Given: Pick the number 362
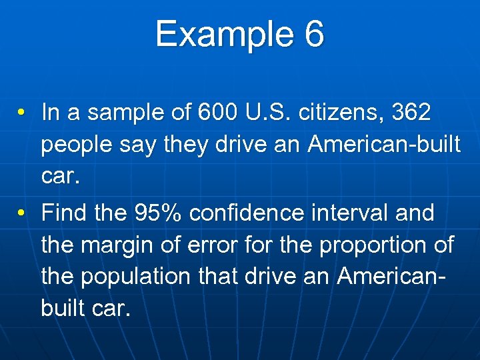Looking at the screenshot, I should (x=411, y=113).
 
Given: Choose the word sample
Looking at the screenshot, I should (x=129, y=113).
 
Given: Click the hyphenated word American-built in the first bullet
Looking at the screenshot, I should (x=384, y=145).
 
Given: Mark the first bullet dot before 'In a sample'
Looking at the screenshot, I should (x=22, y=113).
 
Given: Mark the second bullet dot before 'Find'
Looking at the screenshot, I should (x=22, y=213).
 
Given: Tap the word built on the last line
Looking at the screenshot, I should (x=65, y=309).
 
